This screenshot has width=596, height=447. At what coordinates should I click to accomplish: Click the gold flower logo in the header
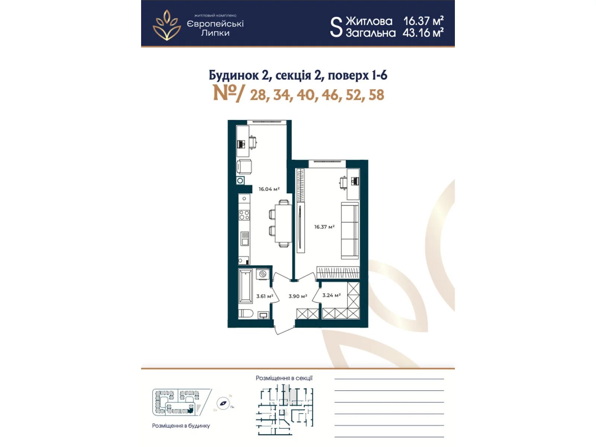(x=167, y=25)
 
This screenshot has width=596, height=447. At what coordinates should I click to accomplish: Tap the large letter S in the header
(x=336, y=27)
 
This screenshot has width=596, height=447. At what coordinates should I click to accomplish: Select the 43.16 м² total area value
(x=423, y=33)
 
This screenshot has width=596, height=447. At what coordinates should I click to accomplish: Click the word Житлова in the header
(x=369, y=21)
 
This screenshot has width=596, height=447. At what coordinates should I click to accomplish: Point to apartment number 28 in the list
(x=258, y=95)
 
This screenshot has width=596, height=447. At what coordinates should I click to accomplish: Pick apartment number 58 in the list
(x=376, y=95)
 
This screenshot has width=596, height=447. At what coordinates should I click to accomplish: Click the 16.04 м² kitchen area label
(x=269, y=189)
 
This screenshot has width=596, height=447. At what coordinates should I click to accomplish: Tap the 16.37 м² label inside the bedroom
(x=324, y=227)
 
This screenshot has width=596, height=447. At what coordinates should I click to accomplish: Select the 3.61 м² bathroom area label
(x=264, y=297)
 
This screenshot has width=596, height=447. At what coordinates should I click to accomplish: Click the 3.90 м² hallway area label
(x=298, y=297)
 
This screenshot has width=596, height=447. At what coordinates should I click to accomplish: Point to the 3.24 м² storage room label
(x=331, y=295)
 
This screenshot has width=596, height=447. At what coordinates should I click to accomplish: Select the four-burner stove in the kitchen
(x=244, y=215)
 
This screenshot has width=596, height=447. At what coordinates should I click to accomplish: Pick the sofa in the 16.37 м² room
(x=350, y=231)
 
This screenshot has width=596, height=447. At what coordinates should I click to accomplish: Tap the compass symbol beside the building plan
(x=223, y=403)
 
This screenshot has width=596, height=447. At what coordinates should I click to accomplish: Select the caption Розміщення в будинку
(x=181, y=426)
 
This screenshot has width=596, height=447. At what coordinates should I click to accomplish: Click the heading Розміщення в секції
(x=284, y=378)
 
